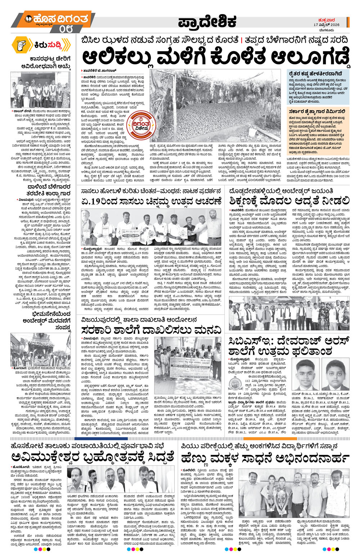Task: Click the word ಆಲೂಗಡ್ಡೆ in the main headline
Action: pos(309,57)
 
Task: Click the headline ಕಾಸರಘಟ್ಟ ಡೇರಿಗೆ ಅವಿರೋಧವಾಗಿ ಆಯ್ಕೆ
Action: pos(51,62)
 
